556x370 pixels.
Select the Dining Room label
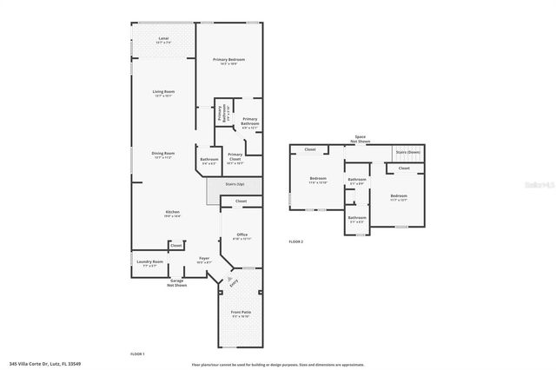pos(163,155)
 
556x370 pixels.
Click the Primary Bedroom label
pos(229,61)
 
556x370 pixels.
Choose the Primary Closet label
pos(235,157)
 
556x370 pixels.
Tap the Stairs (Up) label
pos(235,184)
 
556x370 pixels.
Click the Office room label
pos(242,235)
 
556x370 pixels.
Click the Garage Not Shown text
pos(177,283)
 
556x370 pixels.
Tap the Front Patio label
pos(241,314)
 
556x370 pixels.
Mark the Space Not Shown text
pos(360,138)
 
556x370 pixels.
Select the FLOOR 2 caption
pos(296,241)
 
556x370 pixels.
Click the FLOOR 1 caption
pos(137,354)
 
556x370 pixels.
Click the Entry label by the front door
pos(233,282)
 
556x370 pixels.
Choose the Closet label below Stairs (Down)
pos(404,168)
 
